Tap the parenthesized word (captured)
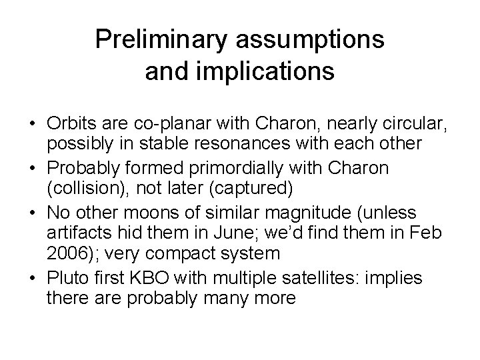coord(249,187)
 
